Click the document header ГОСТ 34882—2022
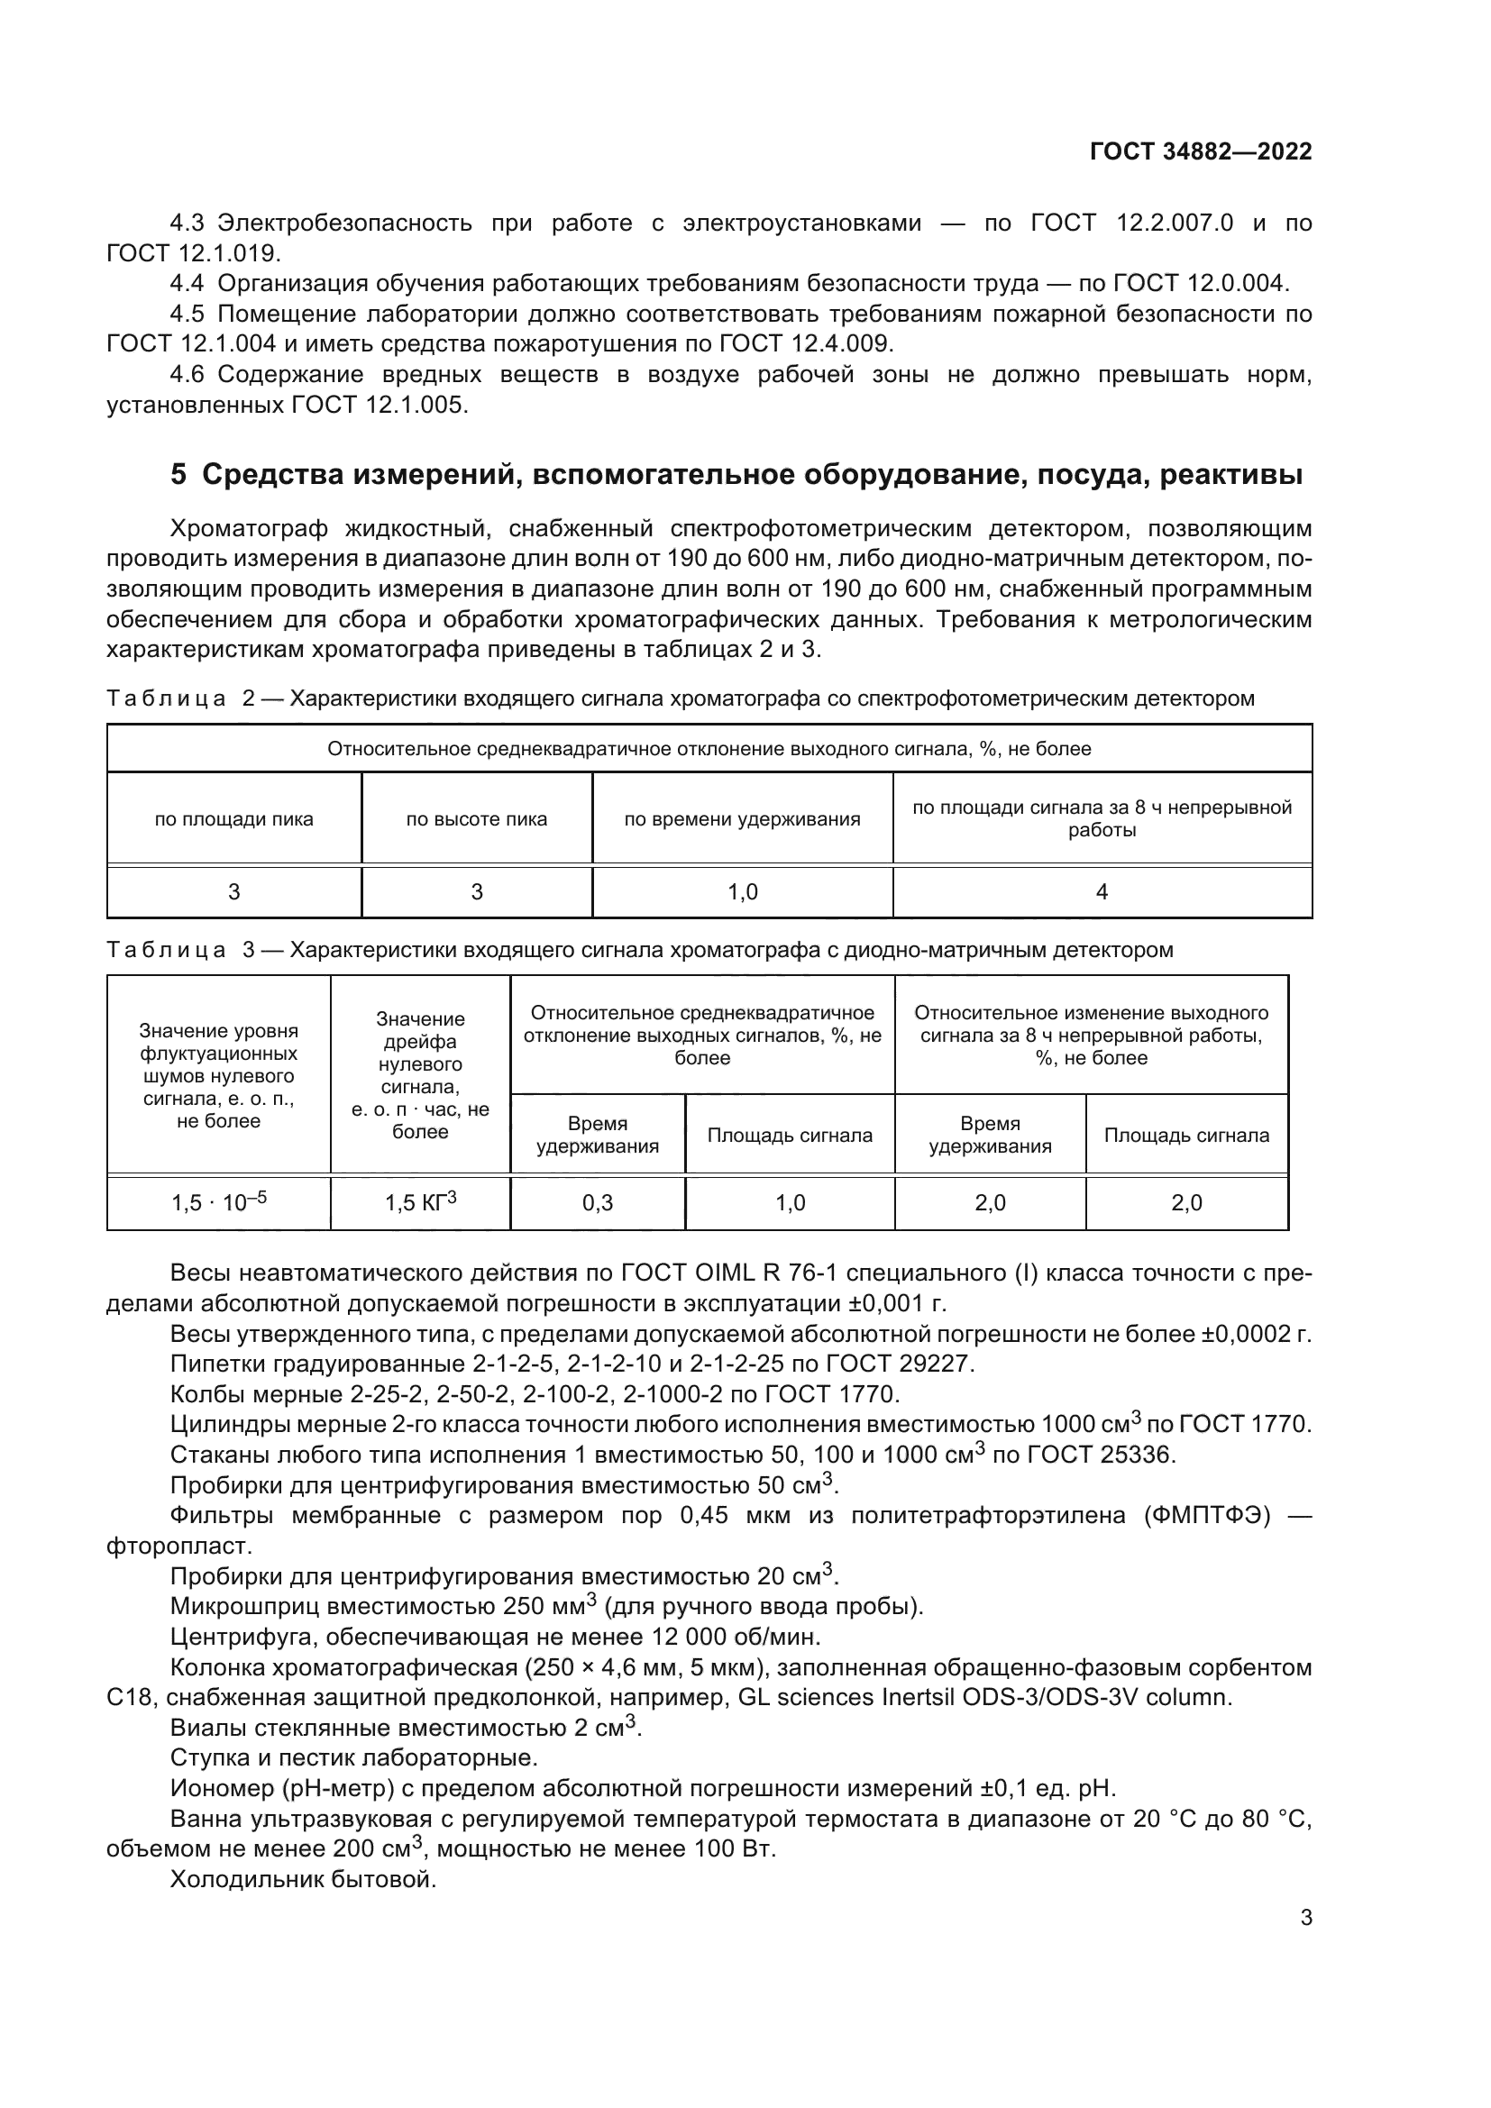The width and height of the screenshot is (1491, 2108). coord(1200,151)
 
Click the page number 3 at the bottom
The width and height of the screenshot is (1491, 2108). coord(1305,1918)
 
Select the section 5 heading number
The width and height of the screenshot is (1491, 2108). coord(178,475)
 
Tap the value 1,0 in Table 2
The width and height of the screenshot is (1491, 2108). coord(742,891)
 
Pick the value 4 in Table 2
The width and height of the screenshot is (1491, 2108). coord(1101,891)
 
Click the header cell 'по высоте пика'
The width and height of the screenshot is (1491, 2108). coord(477,819)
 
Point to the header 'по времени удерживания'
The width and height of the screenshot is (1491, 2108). coord(742,819)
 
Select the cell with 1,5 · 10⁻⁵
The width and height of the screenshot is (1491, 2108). coord(218,1202)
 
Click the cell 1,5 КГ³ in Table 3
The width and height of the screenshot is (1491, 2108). coord(419,1202)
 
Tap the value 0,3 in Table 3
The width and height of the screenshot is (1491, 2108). coord(597,1203)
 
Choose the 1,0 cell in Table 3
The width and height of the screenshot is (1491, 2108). coord(790,1203)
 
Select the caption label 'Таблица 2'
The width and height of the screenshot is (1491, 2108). coord(180,698)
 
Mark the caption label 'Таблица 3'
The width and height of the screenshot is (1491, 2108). coord(180,950)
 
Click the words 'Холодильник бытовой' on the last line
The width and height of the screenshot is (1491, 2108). coord(303,1879)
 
